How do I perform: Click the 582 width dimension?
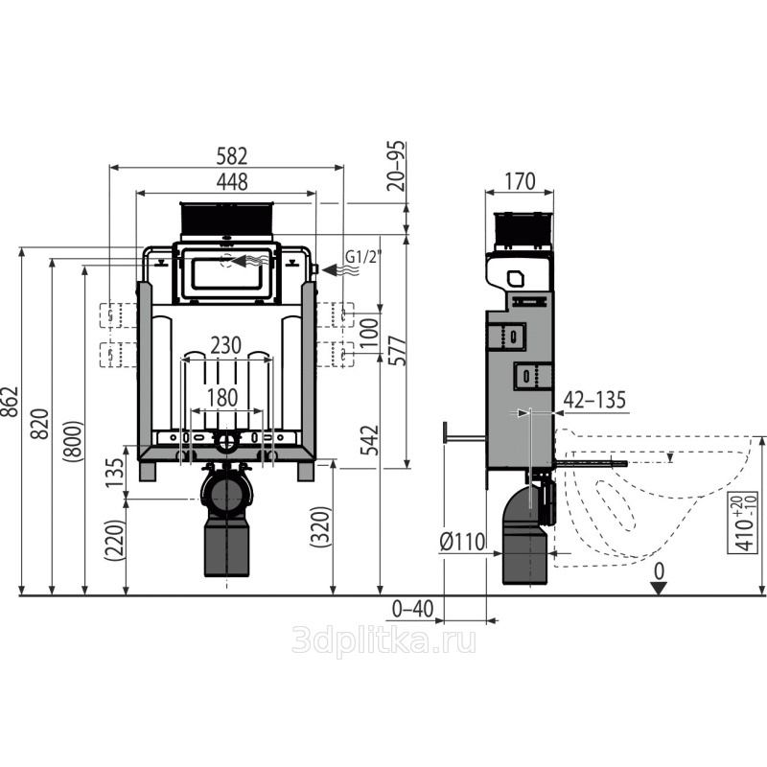[x=232, y=156]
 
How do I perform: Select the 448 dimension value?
[x=232, y=182]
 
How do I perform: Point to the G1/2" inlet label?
[x=363, y=256]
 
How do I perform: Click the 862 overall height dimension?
[x=10, y=402]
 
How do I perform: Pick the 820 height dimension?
[x=40, y=424]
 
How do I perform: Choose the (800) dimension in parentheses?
[x=73, y=442]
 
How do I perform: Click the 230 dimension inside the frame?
[x=226, y=346]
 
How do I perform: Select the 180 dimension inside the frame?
[x=222, y=398]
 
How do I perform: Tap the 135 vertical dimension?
[x=115, y=472]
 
